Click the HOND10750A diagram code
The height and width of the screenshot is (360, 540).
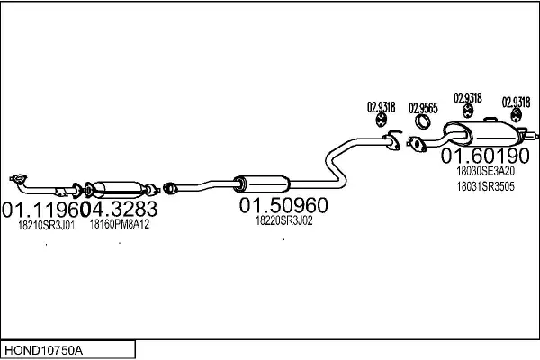[x=43, y=350]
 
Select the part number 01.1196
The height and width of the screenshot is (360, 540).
[x=40, y=210]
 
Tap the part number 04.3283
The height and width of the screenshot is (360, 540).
[x=119, y=209]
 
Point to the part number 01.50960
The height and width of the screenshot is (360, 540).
[x=283, y=205]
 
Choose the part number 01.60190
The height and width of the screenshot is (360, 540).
[x=485, y=156]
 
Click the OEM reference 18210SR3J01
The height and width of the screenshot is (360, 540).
[x=46, y=226]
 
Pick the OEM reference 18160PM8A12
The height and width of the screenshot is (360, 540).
[x=120, y=224]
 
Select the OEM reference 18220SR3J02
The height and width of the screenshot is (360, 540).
[x=283, y=220]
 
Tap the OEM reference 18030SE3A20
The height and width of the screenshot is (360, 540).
[x=486, y=171]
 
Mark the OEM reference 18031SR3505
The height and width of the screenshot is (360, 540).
[x=486, y=186]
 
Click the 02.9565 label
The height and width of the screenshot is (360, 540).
[x=423, y=108]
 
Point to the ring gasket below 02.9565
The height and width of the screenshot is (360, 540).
[x=422, y=121]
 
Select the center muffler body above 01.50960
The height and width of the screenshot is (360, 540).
[x=264, y=184]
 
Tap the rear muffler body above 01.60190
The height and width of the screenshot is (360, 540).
[x=482, y=133]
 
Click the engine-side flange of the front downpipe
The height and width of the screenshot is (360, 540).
[x=18, y=179]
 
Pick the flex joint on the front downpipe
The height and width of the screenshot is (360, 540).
[x=62, y=191]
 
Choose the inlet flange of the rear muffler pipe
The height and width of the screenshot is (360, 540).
[x=417, y=144]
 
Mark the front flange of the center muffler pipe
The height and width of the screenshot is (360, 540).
[x=170, y=188]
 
